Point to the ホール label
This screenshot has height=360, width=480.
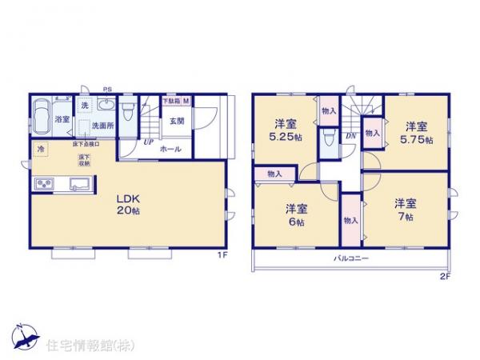170,149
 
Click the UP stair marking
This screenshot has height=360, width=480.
149,143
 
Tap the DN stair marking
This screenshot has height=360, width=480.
350,136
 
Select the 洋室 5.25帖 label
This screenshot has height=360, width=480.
286,130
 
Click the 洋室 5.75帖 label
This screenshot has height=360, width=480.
414,133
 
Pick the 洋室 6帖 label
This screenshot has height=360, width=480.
298,216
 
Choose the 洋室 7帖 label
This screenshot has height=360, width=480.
404,210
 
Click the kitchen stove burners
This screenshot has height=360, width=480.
43,185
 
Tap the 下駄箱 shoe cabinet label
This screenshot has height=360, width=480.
170,101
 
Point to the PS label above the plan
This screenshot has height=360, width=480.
106,90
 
